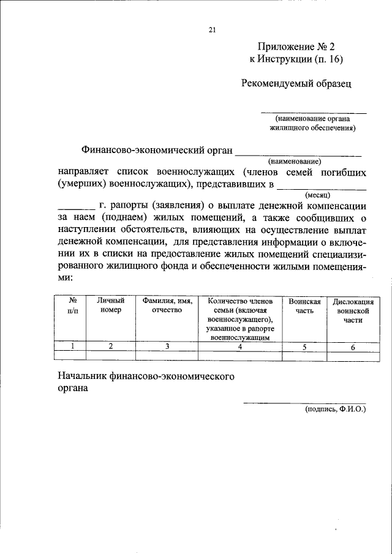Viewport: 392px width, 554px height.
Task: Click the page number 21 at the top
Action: click(212, 29)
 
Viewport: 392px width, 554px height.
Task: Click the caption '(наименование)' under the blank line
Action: click(298, 161)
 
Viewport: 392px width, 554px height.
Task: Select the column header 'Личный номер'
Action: click(111, 305)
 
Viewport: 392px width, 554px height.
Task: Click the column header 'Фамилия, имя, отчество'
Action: click(167, 305)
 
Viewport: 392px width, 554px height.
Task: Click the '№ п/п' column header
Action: click(72, 305)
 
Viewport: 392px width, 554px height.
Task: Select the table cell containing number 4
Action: click(241, 346)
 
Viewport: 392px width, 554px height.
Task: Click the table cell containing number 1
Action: click(72, 346)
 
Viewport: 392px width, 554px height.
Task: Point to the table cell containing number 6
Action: click(353, 346)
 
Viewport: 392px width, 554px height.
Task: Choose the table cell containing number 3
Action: click(167, 346)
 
